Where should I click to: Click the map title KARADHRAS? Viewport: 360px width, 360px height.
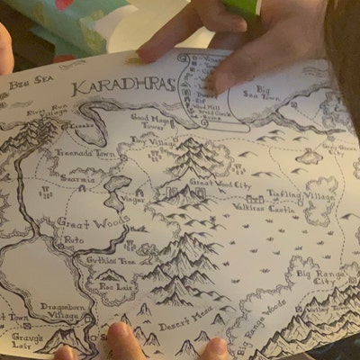tap(112, 86)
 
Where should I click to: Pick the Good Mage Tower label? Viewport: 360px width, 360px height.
tap(151, 121)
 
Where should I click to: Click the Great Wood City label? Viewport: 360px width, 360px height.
tap(220, 183)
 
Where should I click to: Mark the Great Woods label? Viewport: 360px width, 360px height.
tap(81, 220)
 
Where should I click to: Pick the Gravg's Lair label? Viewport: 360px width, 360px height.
tap(27, 339)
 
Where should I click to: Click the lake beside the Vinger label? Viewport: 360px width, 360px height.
tap(116, 188)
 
